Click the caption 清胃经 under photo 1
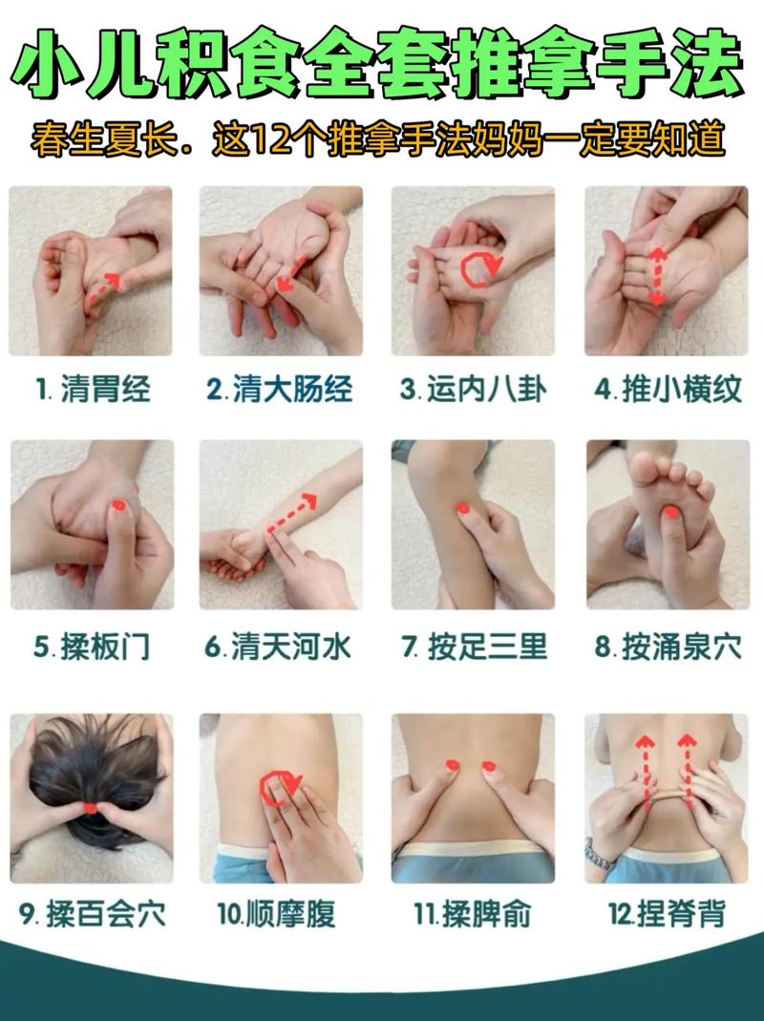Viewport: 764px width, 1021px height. click(93, 390)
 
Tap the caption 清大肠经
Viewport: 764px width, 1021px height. click(280, 390)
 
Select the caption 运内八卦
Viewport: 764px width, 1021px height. click(473, 390)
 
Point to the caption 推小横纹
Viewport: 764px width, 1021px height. click(667, 390)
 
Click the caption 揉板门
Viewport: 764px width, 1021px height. click(92, 648)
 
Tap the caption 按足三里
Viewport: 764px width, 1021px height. click(474, 648)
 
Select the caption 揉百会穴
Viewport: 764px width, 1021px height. click(92, 914)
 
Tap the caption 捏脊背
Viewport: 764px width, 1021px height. click(667, 914)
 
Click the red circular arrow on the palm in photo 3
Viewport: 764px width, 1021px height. click(477, 269)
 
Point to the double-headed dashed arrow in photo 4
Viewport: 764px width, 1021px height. click(657, 274)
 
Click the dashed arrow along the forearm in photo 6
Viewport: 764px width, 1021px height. click(293, 512)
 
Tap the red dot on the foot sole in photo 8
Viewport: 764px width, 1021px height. click(671, 513)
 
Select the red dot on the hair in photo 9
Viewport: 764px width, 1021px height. click(91, 808)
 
